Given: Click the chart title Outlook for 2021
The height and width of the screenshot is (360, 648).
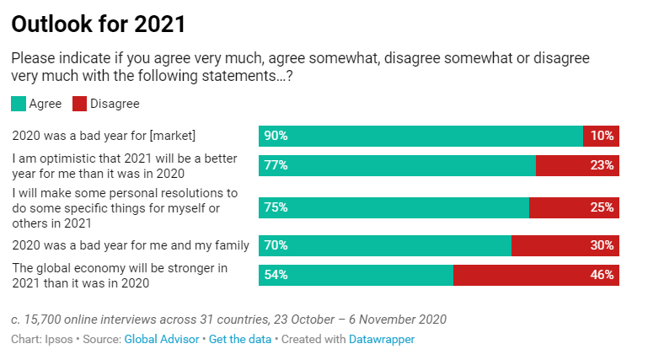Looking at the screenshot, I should pyautogui.click(x=99, y=24).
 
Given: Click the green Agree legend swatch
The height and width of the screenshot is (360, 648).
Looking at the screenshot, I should pyautogui.click(x=18, y=104).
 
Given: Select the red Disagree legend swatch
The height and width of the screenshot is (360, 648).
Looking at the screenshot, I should pyautogui.click(x=79, y=104).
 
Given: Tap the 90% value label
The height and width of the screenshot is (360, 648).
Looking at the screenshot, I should pyautogui.click(x=276, y=136).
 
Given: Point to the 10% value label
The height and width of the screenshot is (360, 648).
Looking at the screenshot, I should pyautogui.click(x=602, y=136).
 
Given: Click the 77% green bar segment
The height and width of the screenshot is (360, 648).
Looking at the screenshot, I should pyautogui.click(x=397, y=165).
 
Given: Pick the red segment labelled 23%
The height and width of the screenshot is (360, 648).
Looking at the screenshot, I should pyautogui.click(x=577, y=165).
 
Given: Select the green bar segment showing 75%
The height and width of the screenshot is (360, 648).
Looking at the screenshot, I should pyautogui.click(x=394, y=207).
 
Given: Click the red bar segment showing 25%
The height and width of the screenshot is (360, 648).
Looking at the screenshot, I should pyautogui.click(x=574, y=207).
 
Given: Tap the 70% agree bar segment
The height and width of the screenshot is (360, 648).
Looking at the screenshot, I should pyautogui.click(x=384, y=245).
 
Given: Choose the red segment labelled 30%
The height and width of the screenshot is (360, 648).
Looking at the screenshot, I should pyautogui.click(x=565, y=245).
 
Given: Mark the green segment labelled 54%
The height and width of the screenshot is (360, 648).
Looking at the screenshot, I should pyautogui.click(x=356, y=275).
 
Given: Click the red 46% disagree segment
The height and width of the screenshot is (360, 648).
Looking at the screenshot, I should pyautogui.click(x=536, y=275).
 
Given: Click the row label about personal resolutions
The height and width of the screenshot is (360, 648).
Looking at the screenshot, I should pyautogui.click(x=125, y=207).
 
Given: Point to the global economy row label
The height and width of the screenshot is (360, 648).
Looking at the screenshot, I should pyautogui.click(x=120, y=276).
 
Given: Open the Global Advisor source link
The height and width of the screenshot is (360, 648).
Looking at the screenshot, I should pyautogui.click(x=162, y=339).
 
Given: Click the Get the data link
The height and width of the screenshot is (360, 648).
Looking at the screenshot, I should pyautogui.click(x=240, y=339).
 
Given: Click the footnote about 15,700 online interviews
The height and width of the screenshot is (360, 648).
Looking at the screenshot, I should pyautogui.click(x=228, y=320).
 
